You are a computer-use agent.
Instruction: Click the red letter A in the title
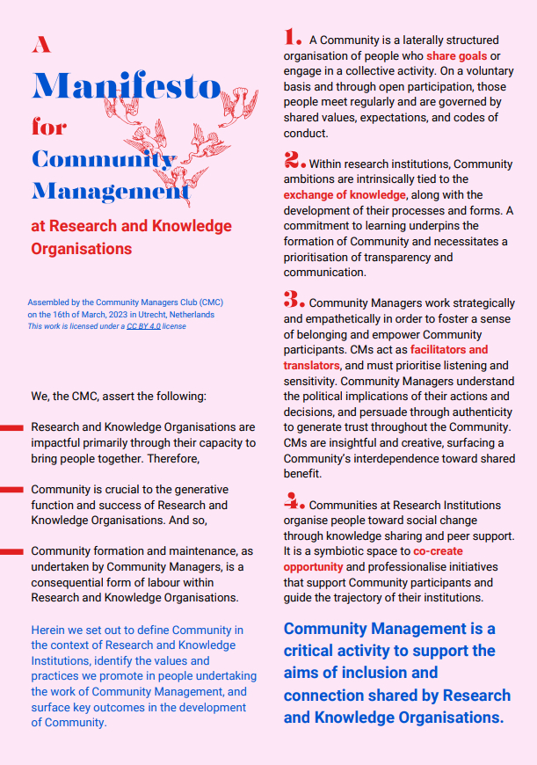(x=41, y=45)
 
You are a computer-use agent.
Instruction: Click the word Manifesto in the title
(x=126, y=86)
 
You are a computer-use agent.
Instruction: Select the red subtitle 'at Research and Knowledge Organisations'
(x=131, y=237)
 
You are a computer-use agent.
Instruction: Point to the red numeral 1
(x=293, y=37)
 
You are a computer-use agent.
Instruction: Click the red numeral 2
(x=294, y=160)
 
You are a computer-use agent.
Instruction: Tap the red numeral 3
(x=294, y=299)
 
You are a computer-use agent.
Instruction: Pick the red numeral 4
(x=294, y=501)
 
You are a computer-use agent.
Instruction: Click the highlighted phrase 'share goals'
(x=457, y=55)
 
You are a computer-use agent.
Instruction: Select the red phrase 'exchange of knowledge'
(x=345, y=194)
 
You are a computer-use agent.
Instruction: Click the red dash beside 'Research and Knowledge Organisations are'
(x=11, y=427)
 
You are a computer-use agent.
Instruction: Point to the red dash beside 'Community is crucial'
(x=11, y=490)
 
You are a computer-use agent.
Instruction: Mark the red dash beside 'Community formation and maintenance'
(x=11, y=552)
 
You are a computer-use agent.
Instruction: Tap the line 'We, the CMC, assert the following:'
(x=119, y=397)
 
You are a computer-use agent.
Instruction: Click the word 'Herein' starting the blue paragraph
(x=48, y=630)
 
